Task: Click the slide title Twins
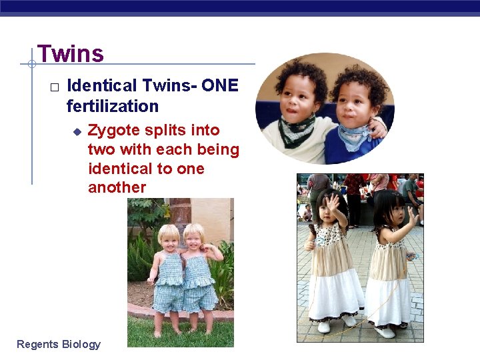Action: point(71,53)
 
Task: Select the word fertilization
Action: point(113,106)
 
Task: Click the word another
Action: point(117,187)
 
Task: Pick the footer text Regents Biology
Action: point(59,344)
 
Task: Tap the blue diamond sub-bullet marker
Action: point(77,131)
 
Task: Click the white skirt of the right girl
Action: point(389,299)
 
